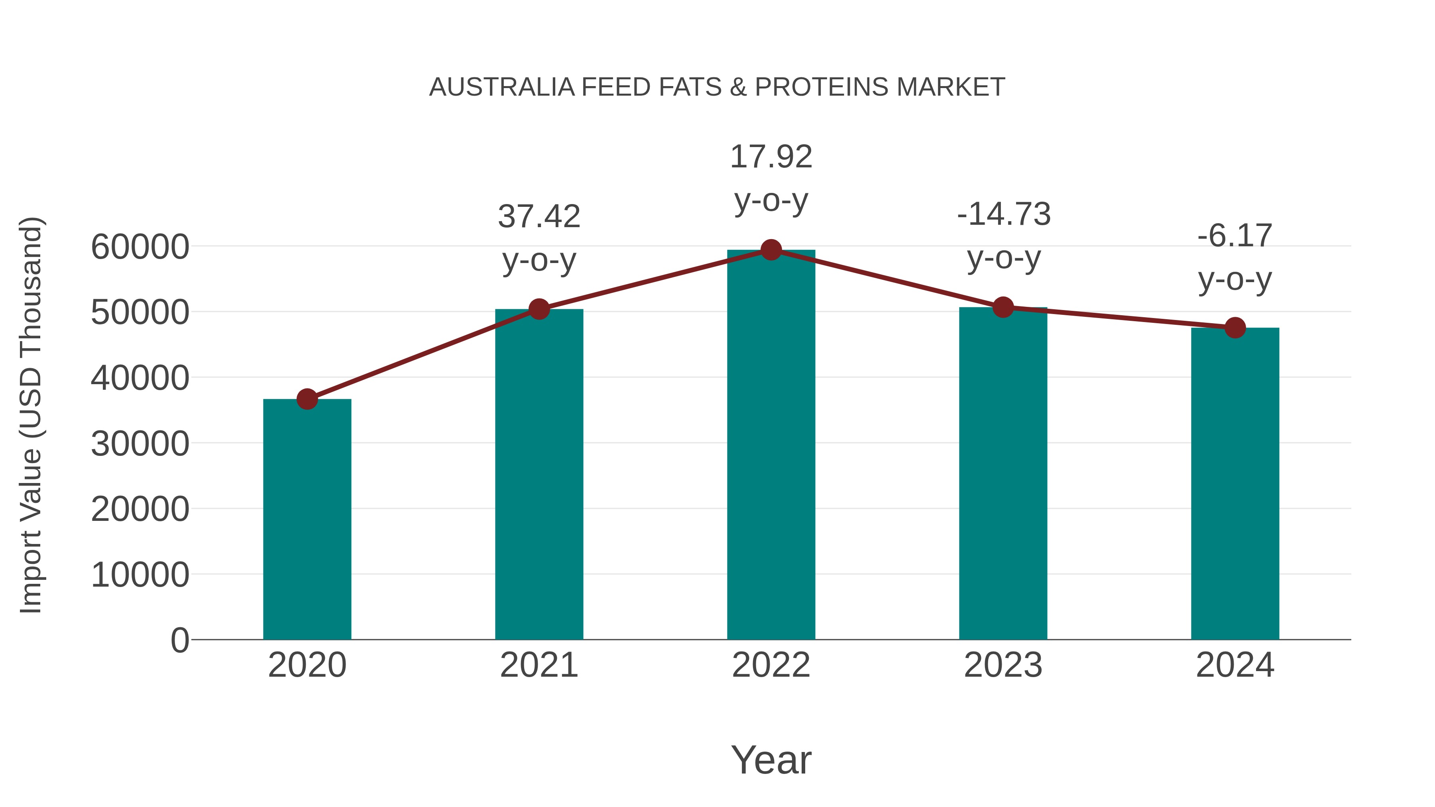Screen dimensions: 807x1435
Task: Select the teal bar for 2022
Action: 771,446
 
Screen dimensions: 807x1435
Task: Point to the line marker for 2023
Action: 1003,307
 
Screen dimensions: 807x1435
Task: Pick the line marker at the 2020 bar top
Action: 307,399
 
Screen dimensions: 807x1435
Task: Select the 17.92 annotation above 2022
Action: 771,157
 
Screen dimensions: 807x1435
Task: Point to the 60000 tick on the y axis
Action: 140,247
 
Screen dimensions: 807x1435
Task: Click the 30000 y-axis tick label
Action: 140,444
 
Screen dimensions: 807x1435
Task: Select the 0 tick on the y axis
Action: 179,640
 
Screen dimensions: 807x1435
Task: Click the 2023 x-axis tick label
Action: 1003,665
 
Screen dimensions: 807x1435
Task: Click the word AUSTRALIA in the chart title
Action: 501,87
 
